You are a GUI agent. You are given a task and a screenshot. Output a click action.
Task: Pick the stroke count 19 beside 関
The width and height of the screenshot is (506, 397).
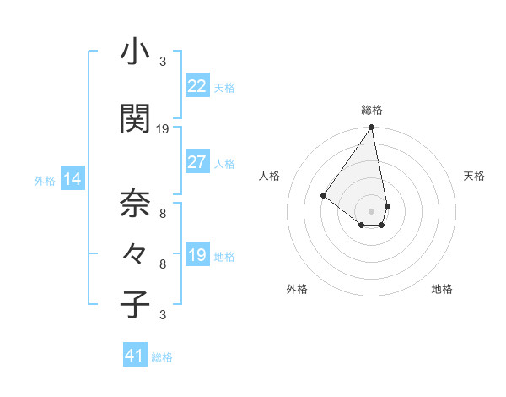163,129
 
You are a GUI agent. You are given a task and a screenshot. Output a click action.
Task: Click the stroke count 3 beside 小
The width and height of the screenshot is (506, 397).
163,62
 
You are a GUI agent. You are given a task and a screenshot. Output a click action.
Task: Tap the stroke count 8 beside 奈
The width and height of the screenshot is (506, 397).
163,214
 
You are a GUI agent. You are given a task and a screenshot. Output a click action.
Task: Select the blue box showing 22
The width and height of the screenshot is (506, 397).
196,86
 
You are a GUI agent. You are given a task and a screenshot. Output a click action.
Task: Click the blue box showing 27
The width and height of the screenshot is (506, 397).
196,162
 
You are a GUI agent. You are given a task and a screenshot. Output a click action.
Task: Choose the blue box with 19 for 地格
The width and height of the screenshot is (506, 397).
196,255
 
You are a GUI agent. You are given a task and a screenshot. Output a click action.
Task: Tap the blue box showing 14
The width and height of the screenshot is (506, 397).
73,179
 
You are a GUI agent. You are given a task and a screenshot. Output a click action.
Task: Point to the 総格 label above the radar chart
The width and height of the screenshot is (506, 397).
372,110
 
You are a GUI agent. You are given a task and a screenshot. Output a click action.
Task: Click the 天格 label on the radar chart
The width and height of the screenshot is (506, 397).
474,176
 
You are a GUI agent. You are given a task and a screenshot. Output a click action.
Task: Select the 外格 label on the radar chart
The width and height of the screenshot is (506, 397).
297,289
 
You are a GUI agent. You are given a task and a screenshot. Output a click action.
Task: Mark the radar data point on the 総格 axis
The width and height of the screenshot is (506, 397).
372,128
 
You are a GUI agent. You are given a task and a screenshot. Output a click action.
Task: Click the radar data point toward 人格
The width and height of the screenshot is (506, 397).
323,195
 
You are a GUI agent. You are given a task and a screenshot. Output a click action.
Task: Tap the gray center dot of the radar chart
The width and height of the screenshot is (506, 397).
372,210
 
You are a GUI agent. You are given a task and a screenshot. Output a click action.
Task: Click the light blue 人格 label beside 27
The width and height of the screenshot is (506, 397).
224,163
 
